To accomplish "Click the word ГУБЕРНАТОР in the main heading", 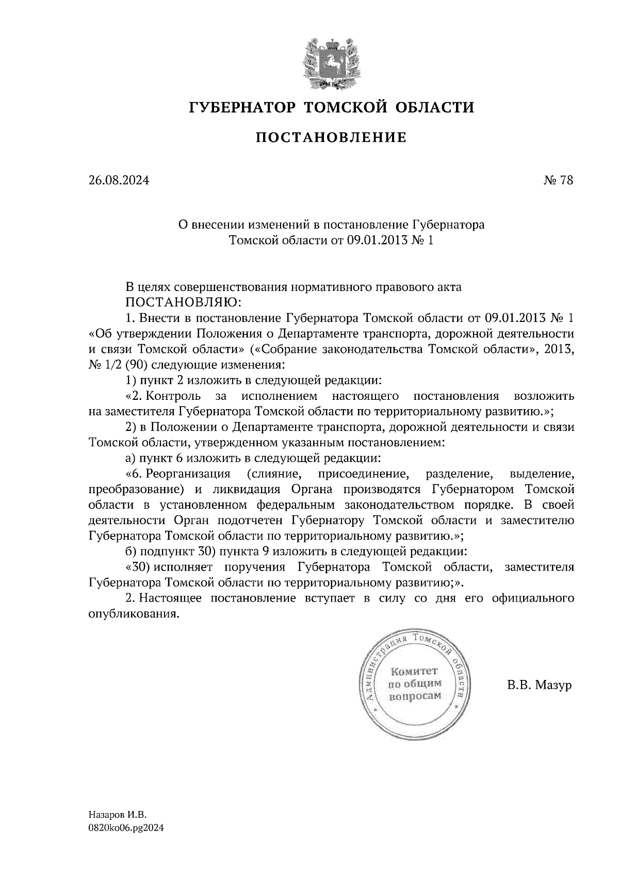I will point(242,108).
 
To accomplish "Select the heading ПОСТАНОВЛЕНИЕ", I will point(331,137).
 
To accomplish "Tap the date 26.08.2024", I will point(119,181).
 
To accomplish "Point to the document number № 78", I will point(558,181).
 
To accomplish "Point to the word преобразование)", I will point(137,489).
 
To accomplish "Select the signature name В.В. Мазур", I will point(540,686).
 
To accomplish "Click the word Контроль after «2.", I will point(173,396).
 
